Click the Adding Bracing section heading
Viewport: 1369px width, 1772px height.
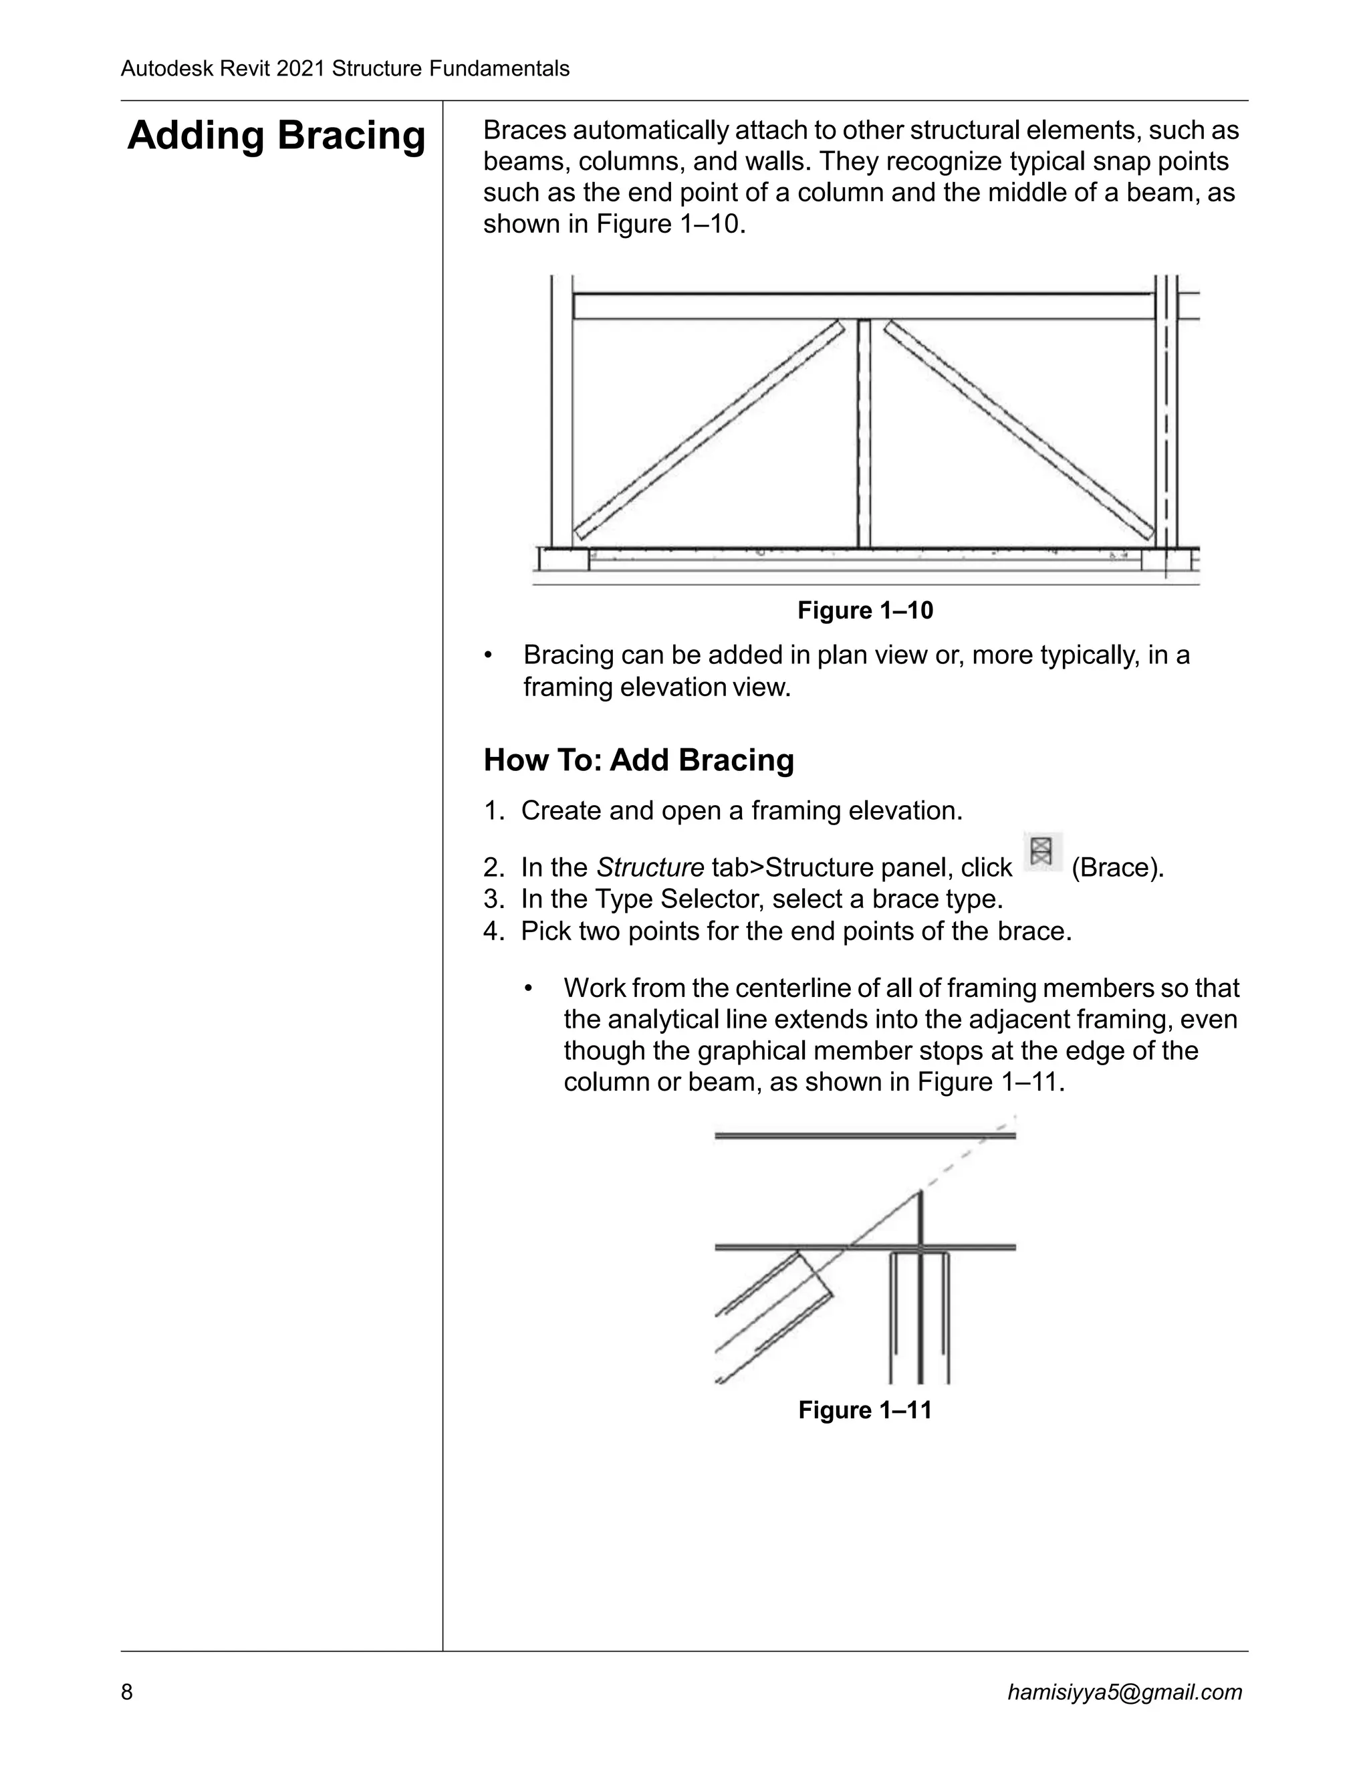coord(276,136)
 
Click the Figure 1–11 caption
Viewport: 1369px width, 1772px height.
coord(864,1410)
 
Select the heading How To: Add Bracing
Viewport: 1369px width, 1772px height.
coord(638,760)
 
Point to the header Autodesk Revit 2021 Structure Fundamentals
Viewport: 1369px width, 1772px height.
coord(345,69)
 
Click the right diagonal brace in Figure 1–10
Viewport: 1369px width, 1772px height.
coord(1019,430)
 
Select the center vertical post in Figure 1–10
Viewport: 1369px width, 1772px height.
coord(864,434)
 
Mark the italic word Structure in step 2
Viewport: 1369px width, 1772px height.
coord(650,868)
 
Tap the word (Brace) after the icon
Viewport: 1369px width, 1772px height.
coord(1117,868)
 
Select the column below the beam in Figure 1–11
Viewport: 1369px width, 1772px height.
coord(920,1315)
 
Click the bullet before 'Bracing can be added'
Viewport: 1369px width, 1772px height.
coord(488,655)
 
